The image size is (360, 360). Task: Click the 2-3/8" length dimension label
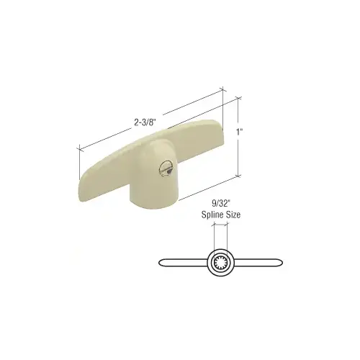point(143,122)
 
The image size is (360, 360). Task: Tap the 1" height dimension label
point(240,132)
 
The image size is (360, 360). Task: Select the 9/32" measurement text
point(221,204)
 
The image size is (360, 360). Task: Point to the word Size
point(233,215)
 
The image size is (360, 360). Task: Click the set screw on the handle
point(166,168)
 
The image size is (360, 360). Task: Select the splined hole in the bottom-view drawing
point(220,263)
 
